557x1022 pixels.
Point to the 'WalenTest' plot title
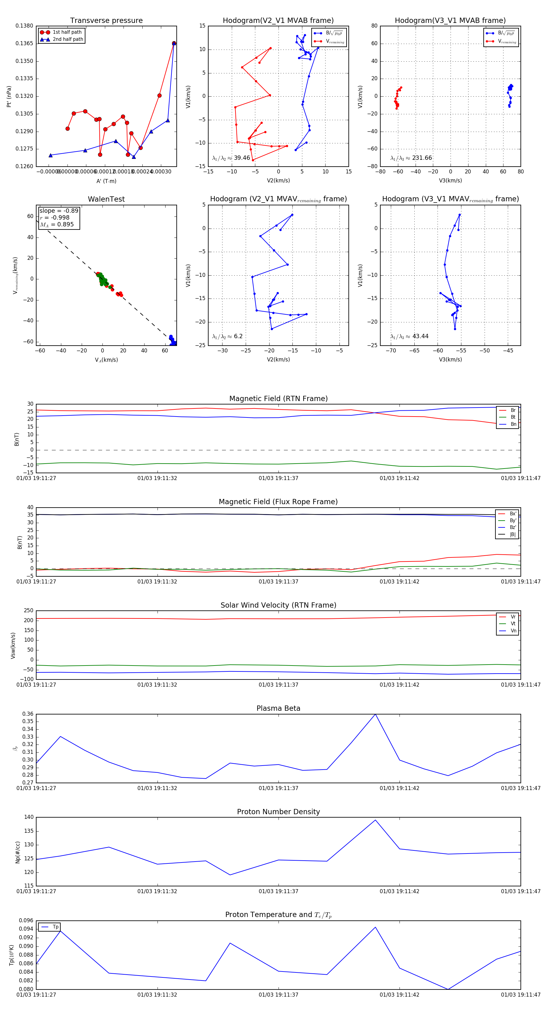[x=106, y=199]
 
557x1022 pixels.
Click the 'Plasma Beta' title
[x=278, y=708]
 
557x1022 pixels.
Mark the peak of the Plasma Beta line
[x=375, y=714]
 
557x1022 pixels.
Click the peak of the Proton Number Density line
[x=375, y=820]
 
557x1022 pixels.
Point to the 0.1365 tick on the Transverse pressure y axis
[x=24, y=43]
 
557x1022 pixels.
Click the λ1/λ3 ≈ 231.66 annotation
[x=411, y=158]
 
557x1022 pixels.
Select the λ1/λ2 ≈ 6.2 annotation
[x=227, y=336]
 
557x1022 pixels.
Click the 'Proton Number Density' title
[x=278, y=812]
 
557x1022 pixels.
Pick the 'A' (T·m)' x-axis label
[x=106, y=181]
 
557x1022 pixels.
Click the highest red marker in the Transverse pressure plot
[x=174, y=43]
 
